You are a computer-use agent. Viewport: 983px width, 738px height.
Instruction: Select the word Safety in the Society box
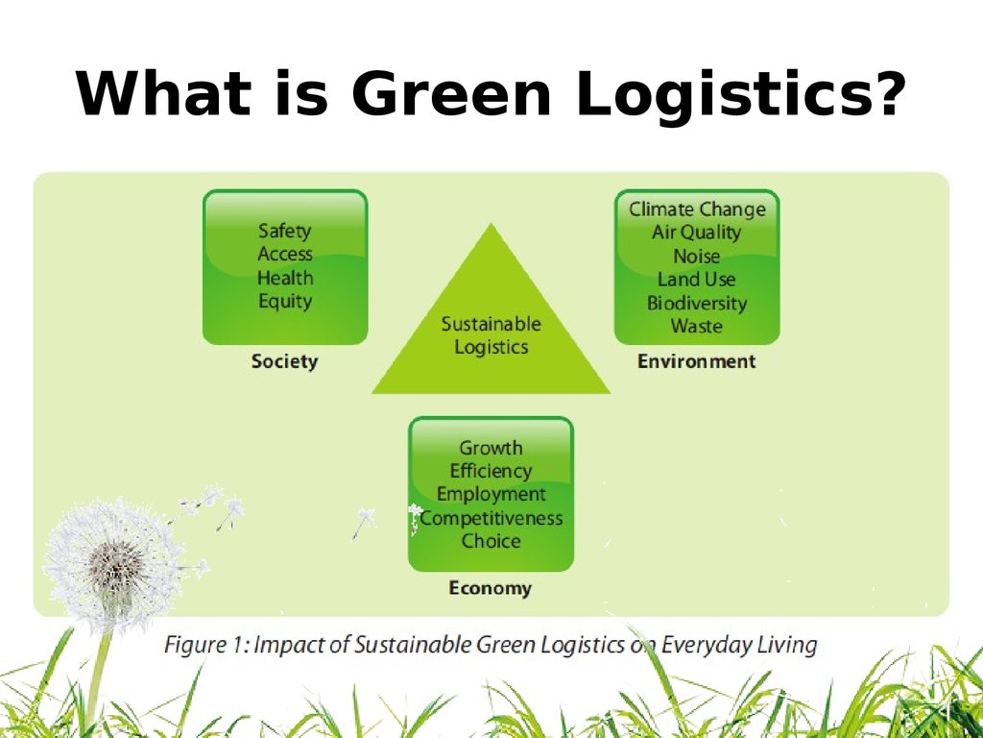285,231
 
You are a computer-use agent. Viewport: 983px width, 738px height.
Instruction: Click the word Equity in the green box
285,301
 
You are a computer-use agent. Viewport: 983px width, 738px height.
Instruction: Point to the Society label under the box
284,361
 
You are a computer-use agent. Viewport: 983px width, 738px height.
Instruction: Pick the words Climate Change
697,209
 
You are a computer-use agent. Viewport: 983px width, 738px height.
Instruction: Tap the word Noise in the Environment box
697,257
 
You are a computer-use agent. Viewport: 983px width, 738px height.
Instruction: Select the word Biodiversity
697,303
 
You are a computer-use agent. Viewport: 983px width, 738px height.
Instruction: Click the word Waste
697,326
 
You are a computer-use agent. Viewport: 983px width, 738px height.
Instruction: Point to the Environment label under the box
697,361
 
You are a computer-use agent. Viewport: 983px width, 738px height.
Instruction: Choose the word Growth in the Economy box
491,448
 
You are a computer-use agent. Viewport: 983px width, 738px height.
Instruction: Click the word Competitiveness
491,518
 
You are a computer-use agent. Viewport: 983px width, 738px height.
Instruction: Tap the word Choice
491,541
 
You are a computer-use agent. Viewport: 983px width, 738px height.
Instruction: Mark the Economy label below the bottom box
490,588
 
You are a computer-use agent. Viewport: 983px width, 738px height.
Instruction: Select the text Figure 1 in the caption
205,644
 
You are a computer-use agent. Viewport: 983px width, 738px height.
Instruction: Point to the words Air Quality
697,233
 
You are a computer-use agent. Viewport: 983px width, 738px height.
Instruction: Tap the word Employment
491,494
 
